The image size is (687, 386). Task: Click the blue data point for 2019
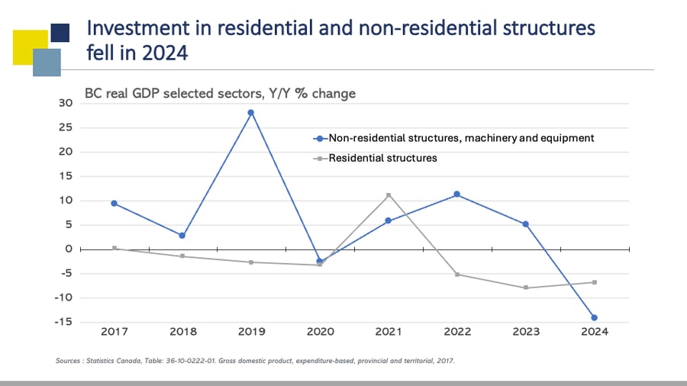[x=250, y=113]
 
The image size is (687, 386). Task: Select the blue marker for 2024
[x=595, y=317]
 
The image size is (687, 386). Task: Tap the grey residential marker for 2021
[x=389, y=195]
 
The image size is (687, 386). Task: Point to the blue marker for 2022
[x=456, y=195]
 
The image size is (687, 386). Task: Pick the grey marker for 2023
[x=526, y=288]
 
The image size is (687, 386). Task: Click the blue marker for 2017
[x=114, y=203]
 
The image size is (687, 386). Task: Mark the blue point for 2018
[x=182, y=236]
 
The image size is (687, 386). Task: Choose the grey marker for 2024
[x=595, y=282]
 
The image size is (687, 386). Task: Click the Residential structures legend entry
[x=382, y=158]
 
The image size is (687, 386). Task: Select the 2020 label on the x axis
[x=320, y=332]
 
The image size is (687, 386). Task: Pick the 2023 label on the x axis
[x=526, y=332]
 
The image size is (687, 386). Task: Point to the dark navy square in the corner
[x=60, y=32]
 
